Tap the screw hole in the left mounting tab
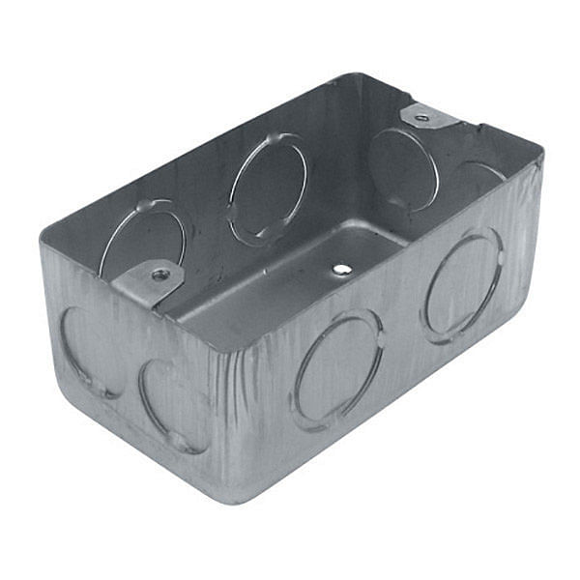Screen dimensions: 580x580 pyautogui.click(x=160, y=275)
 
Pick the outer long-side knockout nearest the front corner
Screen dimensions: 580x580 pyautogui.click(x=338, y=369)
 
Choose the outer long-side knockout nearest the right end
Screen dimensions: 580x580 pyautogui.click(x=463, y=285)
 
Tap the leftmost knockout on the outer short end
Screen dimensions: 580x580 pyautogui.click(x=89, y=353)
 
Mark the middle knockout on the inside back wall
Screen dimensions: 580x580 pyautogui.click(x=268, y=188)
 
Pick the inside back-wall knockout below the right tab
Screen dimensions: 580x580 pyautogui.click(x=402, y=168)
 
